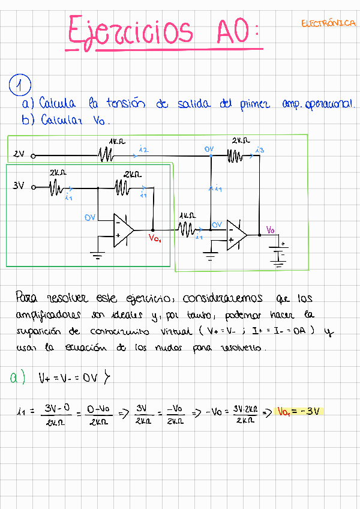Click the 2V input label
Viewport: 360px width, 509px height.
(x=19, y=154)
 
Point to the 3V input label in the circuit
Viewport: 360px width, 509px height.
(x=19, y=186)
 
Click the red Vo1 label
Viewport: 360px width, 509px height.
(x=155, y=238)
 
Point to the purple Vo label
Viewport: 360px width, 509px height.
(x=271, y=230)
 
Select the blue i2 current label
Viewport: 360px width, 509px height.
(x=143, y=149)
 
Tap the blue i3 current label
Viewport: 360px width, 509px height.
(x=260, y=149)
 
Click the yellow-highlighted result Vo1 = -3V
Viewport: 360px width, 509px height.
(x=299, y=411)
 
